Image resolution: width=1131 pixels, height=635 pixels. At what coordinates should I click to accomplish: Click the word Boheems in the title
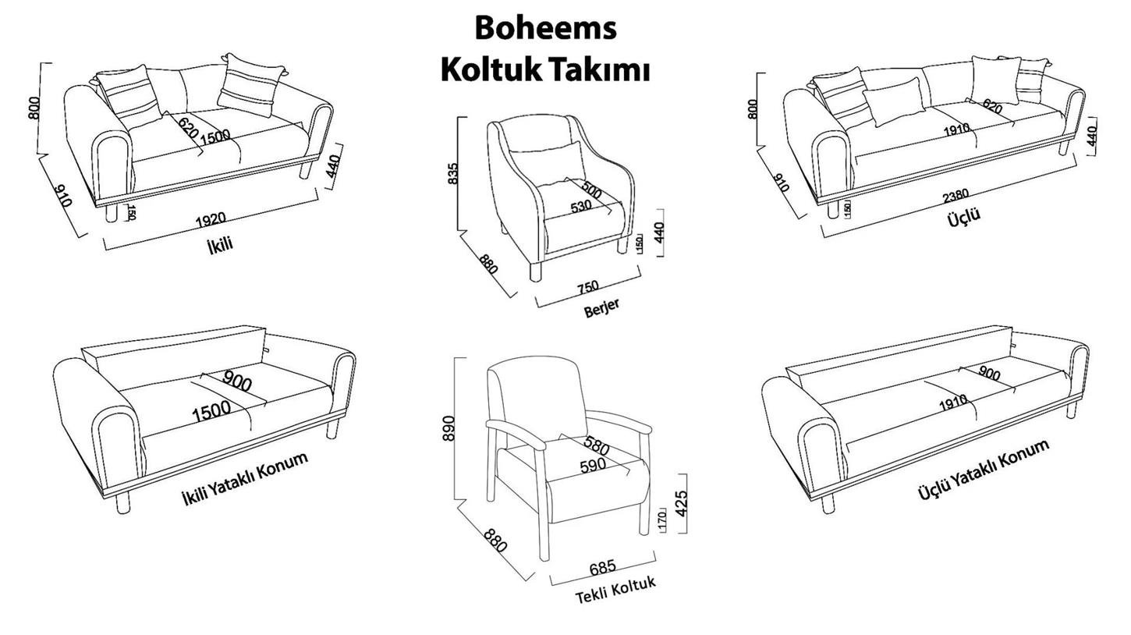point(545,28)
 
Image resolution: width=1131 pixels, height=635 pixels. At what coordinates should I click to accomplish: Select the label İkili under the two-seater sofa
point(220,245)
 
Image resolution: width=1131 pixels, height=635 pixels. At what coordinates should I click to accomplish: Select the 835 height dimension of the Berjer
point(453,173)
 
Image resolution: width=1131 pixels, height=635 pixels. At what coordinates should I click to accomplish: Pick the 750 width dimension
point(588,288)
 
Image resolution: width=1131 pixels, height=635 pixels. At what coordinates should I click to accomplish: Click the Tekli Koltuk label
point(615,591)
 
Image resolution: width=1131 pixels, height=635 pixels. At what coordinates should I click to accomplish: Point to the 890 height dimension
point(449,427)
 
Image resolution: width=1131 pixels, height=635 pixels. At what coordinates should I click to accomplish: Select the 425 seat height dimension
point(680,502)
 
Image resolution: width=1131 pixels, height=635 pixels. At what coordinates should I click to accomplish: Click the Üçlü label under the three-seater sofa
point(963,216)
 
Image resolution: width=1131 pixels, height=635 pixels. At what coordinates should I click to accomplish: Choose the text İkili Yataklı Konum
point(244,478)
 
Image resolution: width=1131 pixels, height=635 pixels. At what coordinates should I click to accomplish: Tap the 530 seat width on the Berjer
point(581,207)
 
